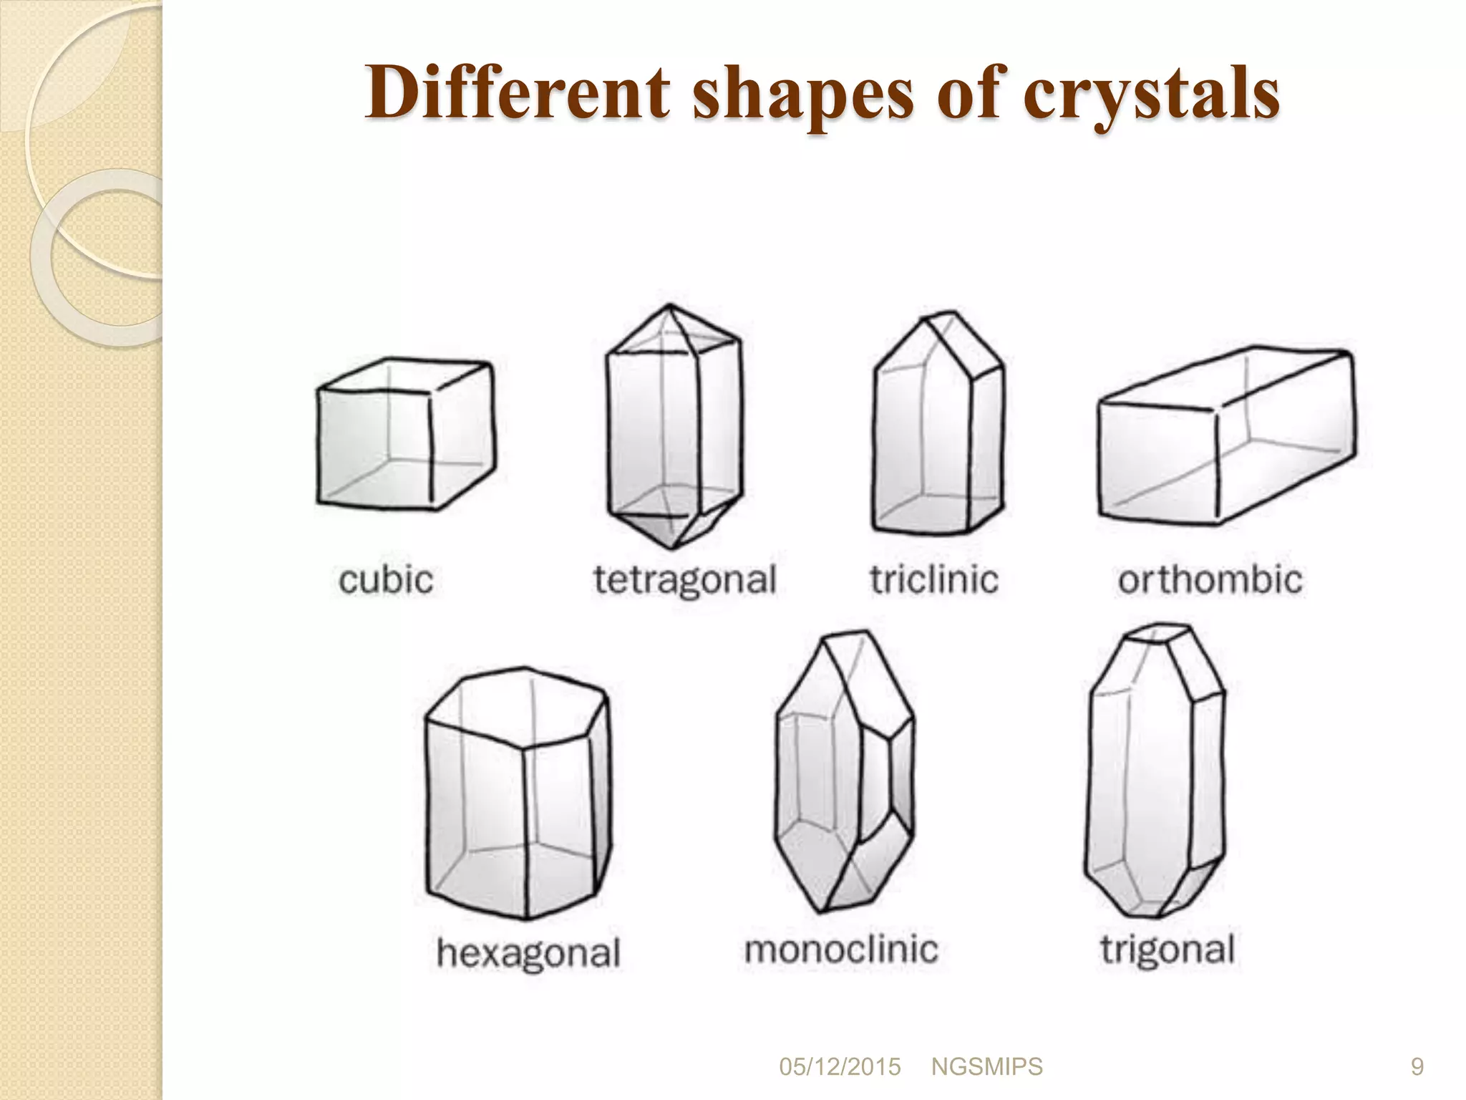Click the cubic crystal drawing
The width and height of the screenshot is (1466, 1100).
coord(405,435)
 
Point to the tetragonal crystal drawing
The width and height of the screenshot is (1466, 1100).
coord(674,428)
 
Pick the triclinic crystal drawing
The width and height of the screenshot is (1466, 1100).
coord(937,424)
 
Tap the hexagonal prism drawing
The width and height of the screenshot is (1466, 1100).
coord(518,793)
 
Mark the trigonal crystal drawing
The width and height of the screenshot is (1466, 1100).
coord(1154,770)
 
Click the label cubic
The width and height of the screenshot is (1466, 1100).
coord(387,580)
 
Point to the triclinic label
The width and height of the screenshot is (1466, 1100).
coord(934,580)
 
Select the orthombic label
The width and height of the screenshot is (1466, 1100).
coord(1210,580)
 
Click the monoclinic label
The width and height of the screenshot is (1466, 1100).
coord(841,950)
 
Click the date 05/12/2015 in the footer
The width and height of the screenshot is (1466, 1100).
coord(840,1067)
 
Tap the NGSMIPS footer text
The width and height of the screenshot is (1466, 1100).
coord(986,1067)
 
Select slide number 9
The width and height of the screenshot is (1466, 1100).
coord(1417,1067)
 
